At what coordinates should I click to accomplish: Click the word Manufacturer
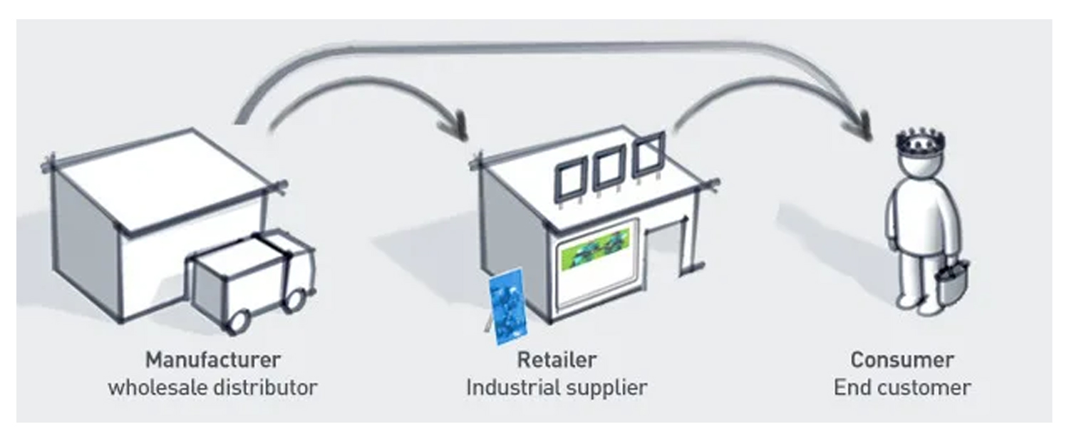click(x=213, y=358)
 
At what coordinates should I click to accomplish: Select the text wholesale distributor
click(x=212, y=388)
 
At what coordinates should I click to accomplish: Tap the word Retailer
click(x=557, y=358)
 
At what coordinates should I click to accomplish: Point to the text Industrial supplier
click(x=557, y=388)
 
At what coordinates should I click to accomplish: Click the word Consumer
click(x=902, y=359)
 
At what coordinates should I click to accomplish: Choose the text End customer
click(x=902, y=388)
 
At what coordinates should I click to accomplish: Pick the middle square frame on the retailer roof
click(x=608, y=169)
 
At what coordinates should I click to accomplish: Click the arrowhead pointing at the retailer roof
click(x=454, y=128)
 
